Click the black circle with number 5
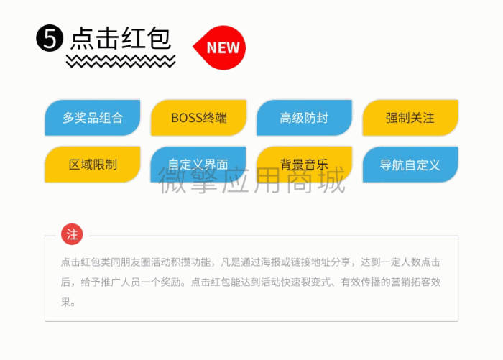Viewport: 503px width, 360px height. pyautogui.click(x=50, y=38)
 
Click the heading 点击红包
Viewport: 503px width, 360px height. pyautogui.click(x=120, y=39)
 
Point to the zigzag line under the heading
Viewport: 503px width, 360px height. pyautogui.click(x=121, y=61)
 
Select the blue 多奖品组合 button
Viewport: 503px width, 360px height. pyautogui.click(x=93, y=118)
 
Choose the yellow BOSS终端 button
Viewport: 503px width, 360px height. pyautogui.click(x=198, y=118)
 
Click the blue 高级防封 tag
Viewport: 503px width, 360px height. pyautogui.click(x=305, y=118)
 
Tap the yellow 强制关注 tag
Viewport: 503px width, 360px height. pyautogui.click(x=410, y=118)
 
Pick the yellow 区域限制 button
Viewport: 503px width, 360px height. pyautogui.click(x=93, y=165)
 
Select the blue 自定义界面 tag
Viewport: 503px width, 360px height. pyautogui.click(x=198, y=165)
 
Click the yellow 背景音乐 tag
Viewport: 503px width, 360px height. pyautogui.click(x=305, y=165)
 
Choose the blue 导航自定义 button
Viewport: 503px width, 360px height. pyautogui.click(x=410, y=165)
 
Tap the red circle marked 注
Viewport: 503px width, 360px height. pyautogui.click(x=72, y=234)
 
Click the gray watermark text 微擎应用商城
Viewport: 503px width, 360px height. pyautogui.click(x=252, y=180)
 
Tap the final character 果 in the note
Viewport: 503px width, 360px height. pyautogui.click(x=66, y=302)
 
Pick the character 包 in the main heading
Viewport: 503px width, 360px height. pyautogui.click(x=159, y=39)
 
